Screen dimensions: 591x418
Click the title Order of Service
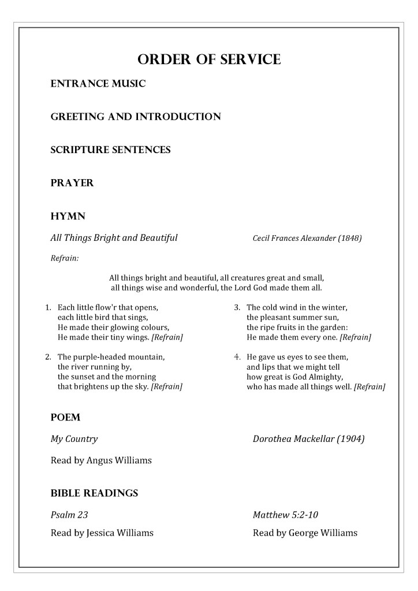(x=209, y=59)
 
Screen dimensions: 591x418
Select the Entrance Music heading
(x=98, y=84)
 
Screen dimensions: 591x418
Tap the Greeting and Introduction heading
(x=136, y=117)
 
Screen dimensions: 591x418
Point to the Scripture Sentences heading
(x=110, y=150)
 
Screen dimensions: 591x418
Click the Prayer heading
(x=72, y=183)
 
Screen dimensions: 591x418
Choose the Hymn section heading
(x=68, y=216)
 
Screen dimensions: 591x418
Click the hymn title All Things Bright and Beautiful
(x=114, y=237)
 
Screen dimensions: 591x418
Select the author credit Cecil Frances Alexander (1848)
(x=307, y=238)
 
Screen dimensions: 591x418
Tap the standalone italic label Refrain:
(x=65, y=258)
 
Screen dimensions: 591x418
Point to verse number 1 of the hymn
(x=48, y=307)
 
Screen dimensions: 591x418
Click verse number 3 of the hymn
(x=237, y=307)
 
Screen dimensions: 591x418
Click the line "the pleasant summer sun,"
(x=292, y=317)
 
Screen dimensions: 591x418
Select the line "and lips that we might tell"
(x=293, y=367)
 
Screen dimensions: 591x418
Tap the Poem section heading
(x=65, y=417)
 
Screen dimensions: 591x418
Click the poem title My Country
(x=74, y=438)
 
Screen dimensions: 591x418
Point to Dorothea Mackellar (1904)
(x=308, y=438)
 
